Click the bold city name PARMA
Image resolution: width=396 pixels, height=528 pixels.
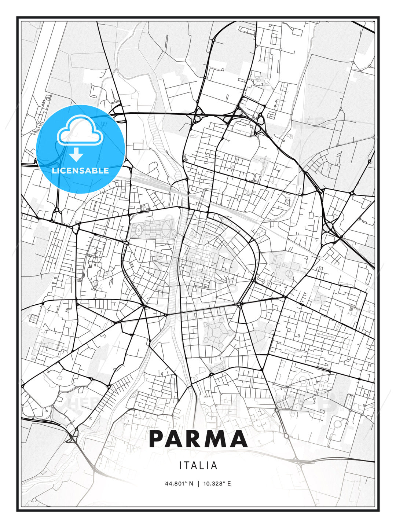pyautogui.click(x=198, y=439)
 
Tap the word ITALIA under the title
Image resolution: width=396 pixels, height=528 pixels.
pyautogui.click(x=198, y=466)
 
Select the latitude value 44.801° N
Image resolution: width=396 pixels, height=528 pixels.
pyautogui.click(x=179, y=483)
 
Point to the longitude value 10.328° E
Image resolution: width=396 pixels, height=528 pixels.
pyautogui.click(x=216, y=483)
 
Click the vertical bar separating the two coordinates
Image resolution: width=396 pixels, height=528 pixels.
pyautogui.click(x=198, y=483)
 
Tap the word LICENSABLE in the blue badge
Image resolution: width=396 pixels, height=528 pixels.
pyautogui.click(x=80, y=170)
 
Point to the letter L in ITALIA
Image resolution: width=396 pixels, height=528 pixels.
pyautogui.click(x=204, y=466)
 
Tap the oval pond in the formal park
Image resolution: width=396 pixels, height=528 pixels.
pyautogui.click(x=140, y=230)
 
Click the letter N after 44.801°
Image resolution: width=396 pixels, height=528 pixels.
pyautogui.click(x=191, y=483)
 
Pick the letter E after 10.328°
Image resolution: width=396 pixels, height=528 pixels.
pyautogui.click(x=229, y=483)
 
